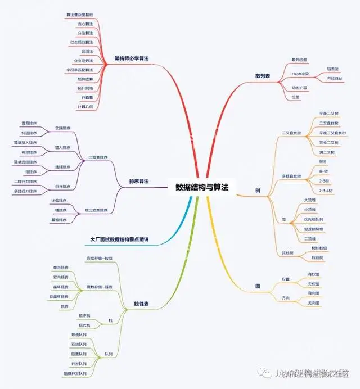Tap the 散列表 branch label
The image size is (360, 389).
[263, 75]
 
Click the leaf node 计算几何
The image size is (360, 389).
[83, 106]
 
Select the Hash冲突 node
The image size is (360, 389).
[298, 74]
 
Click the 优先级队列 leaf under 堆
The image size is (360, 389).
[328, 219]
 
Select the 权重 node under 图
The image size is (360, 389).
[286, 279]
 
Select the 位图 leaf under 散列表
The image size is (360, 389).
[295, 97]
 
